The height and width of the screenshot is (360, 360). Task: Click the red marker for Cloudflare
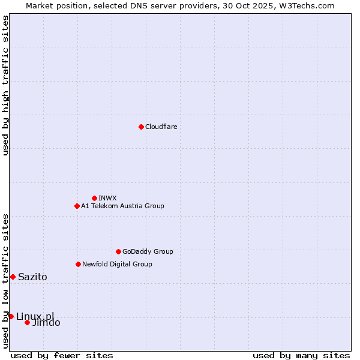click(141, 127)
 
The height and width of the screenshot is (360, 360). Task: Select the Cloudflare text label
click(161, 127)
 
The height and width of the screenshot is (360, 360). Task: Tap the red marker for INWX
click(94, 198)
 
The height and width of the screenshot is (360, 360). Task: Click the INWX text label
click(107, 198)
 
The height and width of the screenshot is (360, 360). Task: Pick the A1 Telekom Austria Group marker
click(77, 206)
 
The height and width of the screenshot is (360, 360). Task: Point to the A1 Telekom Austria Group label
click(122, 206)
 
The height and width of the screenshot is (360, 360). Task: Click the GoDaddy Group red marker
click(118, 251)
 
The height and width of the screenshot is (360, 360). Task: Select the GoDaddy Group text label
click(147, 251)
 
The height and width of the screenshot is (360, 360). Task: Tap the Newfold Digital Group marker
click(78, 264)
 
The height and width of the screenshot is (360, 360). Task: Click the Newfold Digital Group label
click(117, 264)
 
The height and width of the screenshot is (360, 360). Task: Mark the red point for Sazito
click(13, 277)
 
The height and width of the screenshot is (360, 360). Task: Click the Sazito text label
click(32, 277)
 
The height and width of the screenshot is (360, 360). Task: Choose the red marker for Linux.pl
click(11, 316)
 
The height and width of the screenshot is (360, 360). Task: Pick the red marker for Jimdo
click(27, 322)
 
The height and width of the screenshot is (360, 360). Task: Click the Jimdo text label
click(46, 323)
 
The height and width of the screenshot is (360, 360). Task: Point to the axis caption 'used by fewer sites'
click(62, 355)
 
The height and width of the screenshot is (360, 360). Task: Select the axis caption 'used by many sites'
click(301, 355)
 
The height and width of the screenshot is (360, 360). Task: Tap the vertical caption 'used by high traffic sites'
click(5, 85)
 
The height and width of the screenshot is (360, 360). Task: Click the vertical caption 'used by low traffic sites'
click(5, 280)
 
